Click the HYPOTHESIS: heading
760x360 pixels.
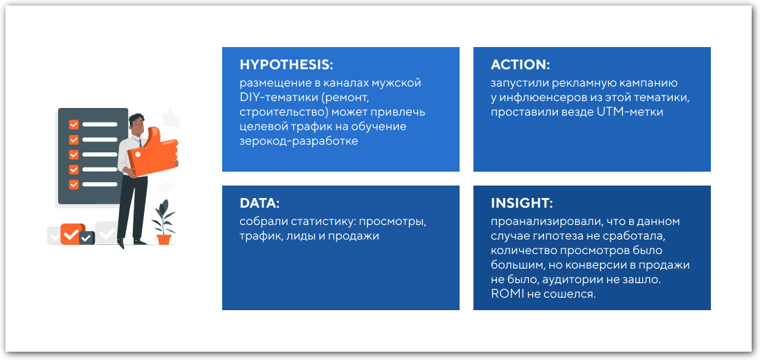click(286, 65)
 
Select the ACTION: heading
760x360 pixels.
click(520, 65)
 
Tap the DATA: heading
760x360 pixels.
click(259, 204)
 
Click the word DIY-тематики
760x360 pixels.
click(271, 98)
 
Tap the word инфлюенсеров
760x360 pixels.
click(537, 98)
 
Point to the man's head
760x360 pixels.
click(138, 125)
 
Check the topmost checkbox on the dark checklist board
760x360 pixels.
click(73, 125)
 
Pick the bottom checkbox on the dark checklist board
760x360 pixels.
click(73, 184)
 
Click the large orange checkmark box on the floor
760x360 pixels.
click(71, 234)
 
